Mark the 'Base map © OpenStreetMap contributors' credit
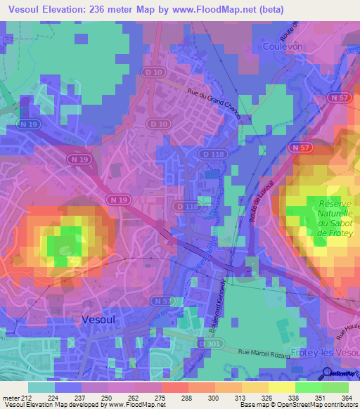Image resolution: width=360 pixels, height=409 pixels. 299,405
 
